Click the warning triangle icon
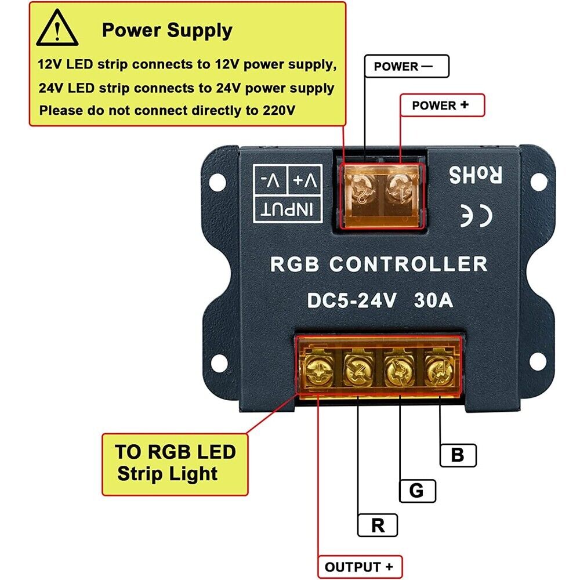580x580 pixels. (57, 30)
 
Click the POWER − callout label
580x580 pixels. (406, 66)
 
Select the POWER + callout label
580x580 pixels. (441, 106)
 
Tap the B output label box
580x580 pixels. (458, 455)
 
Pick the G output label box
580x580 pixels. (417, 491)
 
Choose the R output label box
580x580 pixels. (378, 526)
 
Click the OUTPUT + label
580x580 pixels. (360, 567)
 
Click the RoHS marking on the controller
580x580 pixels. (474, 175)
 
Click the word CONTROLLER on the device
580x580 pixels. (408, 264)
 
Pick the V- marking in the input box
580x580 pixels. (271, 180)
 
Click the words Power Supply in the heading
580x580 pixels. (167, 30)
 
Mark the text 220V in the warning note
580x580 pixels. (275, 110)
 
